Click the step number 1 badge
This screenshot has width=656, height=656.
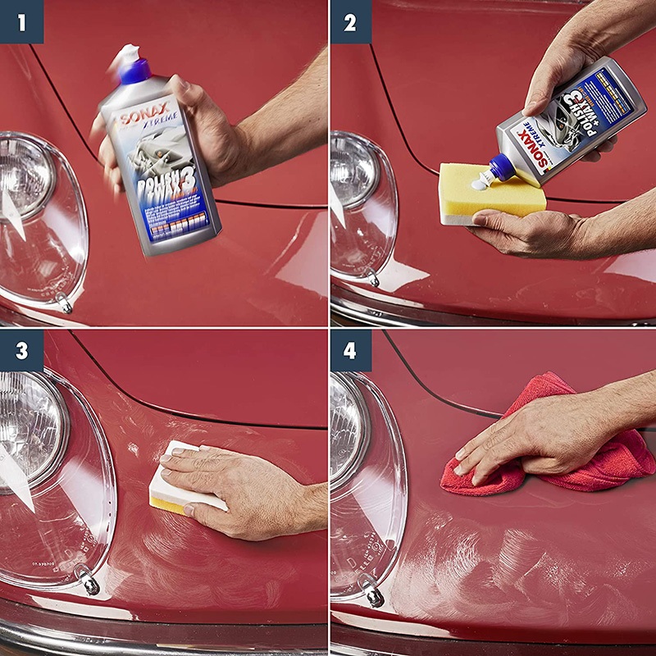coord(21,21)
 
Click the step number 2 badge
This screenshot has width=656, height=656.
coord(351,21)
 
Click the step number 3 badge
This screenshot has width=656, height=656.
coord(21,350)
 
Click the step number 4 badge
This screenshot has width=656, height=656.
coord(351,350)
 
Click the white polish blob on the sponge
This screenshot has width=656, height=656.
coord(478,184)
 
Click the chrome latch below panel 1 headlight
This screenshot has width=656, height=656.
coord(64,304)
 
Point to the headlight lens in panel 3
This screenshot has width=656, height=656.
coord(29,426)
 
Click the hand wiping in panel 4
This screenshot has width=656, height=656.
coord(533,435)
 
